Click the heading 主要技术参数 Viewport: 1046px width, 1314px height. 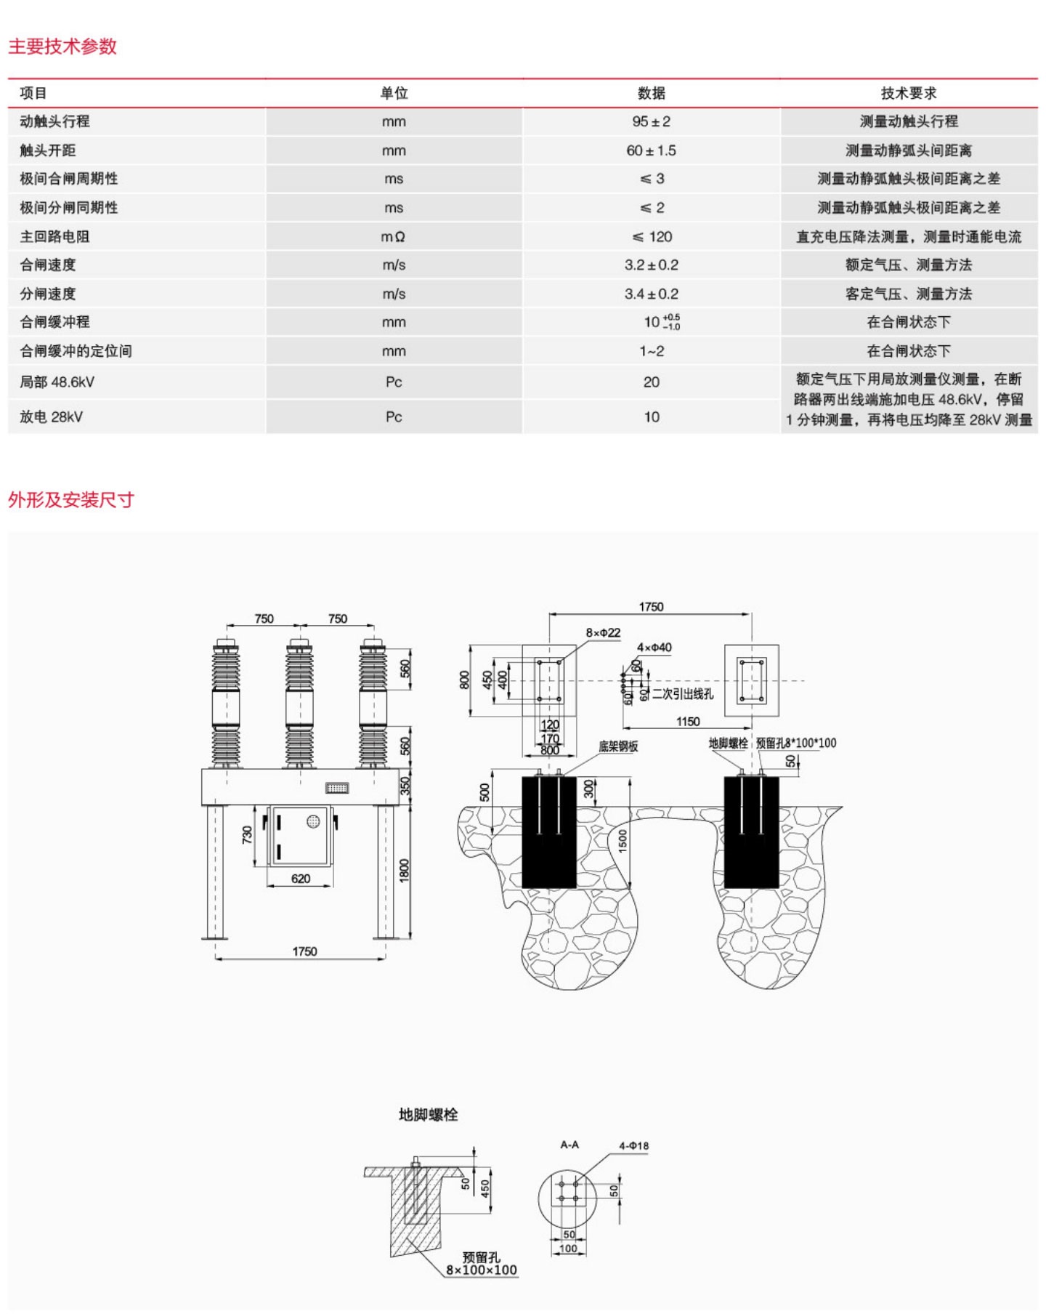tap(62, 47)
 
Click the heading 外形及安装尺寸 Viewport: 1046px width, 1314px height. tap(71, 500)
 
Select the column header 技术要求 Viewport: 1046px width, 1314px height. tap(909, 93)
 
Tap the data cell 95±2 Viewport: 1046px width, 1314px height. tap(651, 121)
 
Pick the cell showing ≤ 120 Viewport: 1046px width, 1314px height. tap(652, 236)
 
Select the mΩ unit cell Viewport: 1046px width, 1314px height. tap(393, 236)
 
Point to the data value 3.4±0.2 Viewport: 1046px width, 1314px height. tap(651, 294)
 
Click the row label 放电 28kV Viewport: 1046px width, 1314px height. tap(51, 416)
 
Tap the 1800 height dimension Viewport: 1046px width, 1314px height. tap(405, 871)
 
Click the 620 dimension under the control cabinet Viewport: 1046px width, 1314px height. tap(301, 879)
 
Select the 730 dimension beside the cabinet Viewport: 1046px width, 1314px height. tap(247, 834)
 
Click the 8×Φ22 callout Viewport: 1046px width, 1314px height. tap(603, 632)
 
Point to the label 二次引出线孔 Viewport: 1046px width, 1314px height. tap(682, 693)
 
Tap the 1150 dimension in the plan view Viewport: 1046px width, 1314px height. tap(687, 722)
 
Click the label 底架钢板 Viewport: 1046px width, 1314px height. tap(618, 746)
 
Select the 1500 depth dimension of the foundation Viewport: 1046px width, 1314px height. tap(623, 840)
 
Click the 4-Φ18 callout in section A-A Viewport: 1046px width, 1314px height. tap(633, 1145)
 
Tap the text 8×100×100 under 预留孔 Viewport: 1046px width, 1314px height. tap(481, 1270)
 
